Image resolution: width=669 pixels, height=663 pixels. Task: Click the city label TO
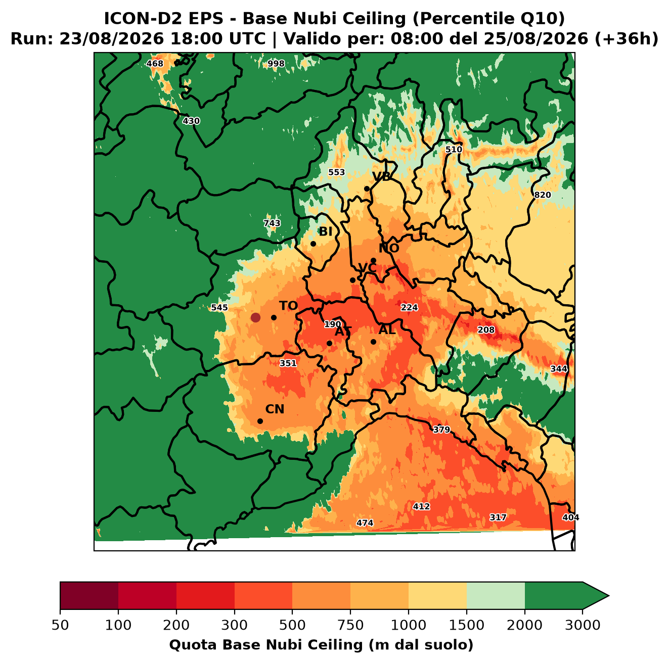[288, 306]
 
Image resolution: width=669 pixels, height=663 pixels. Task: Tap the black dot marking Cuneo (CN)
[260, 421]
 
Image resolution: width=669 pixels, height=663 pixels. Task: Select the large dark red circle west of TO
[255, 317]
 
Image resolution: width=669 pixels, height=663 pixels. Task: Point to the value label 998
[276, 64]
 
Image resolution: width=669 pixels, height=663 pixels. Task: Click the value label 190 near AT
[333, 324]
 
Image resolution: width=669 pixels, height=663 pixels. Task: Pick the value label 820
[542, 195]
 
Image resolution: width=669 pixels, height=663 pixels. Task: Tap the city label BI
[325, 231]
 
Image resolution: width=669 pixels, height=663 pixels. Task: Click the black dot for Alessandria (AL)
[373, 342]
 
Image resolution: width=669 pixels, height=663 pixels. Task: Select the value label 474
[365, 523]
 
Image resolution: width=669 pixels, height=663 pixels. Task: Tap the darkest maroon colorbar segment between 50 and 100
[89, 596]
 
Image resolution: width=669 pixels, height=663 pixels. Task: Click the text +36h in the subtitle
[626, 39]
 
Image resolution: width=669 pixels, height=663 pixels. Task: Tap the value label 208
[486, 329]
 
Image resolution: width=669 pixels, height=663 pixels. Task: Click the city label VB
[381, 176]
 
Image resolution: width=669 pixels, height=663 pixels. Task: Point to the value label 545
[219, 307]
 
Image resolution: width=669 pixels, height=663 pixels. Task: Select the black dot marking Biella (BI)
[313, 244]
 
